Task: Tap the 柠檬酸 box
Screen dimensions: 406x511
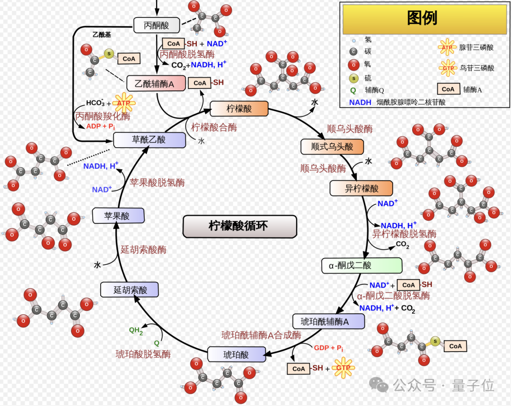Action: [239, 109]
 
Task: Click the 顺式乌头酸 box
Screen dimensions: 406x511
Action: [332, 147]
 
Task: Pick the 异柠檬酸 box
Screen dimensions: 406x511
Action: [361, 188]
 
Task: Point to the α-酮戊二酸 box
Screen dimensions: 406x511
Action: [362, 265]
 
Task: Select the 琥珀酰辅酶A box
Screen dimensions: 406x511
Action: [329, 322]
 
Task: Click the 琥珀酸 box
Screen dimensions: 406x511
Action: [236, 354]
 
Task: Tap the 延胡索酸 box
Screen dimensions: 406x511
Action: [130, 290]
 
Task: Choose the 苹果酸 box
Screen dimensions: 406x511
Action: [118, 216]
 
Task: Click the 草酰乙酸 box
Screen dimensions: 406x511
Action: [149, 140]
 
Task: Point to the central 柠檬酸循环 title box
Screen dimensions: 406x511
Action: [239, 226]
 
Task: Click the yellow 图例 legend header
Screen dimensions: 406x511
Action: [422, 18]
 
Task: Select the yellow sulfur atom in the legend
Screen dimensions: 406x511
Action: [353, 78]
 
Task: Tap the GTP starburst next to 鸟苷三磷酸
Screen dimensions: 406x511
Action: [448, 68]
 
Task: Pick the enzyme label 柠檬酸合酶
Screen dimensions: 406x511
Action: [214, 127]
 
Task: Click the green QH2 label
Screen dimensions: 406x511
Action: [136, 331]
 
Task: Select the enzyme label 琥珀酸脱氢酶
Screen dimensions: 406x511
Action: [143, 354]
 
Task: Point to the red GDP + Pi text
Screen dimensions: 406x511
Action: [328, 348]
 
